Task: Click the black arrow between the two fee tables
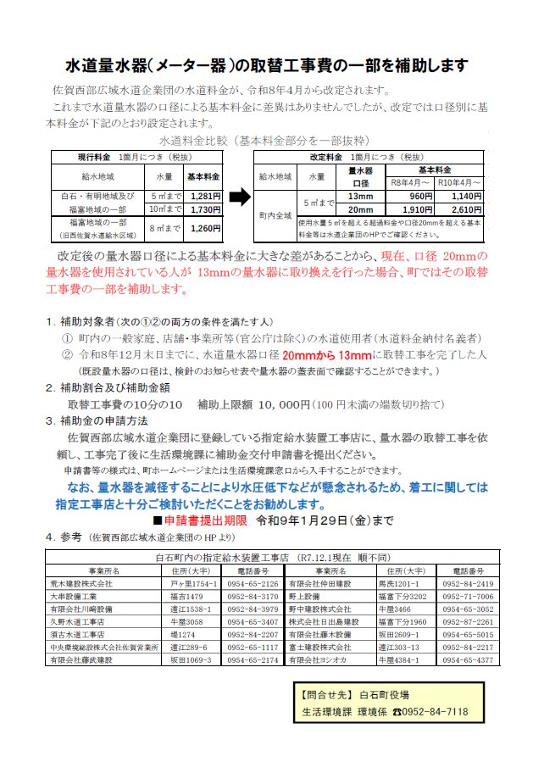coord(240,197)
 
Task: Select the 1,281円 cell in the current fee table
coord(206,197)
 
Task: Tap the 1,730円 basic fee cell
coord(206,209)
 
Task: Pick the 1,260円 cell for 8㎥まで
coord(206,228)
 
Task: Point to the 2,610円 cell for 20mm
coord(467,209)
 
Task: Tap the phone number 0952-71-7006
coord(467,597)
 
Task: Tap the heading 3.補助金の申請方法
coord(97,420)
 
